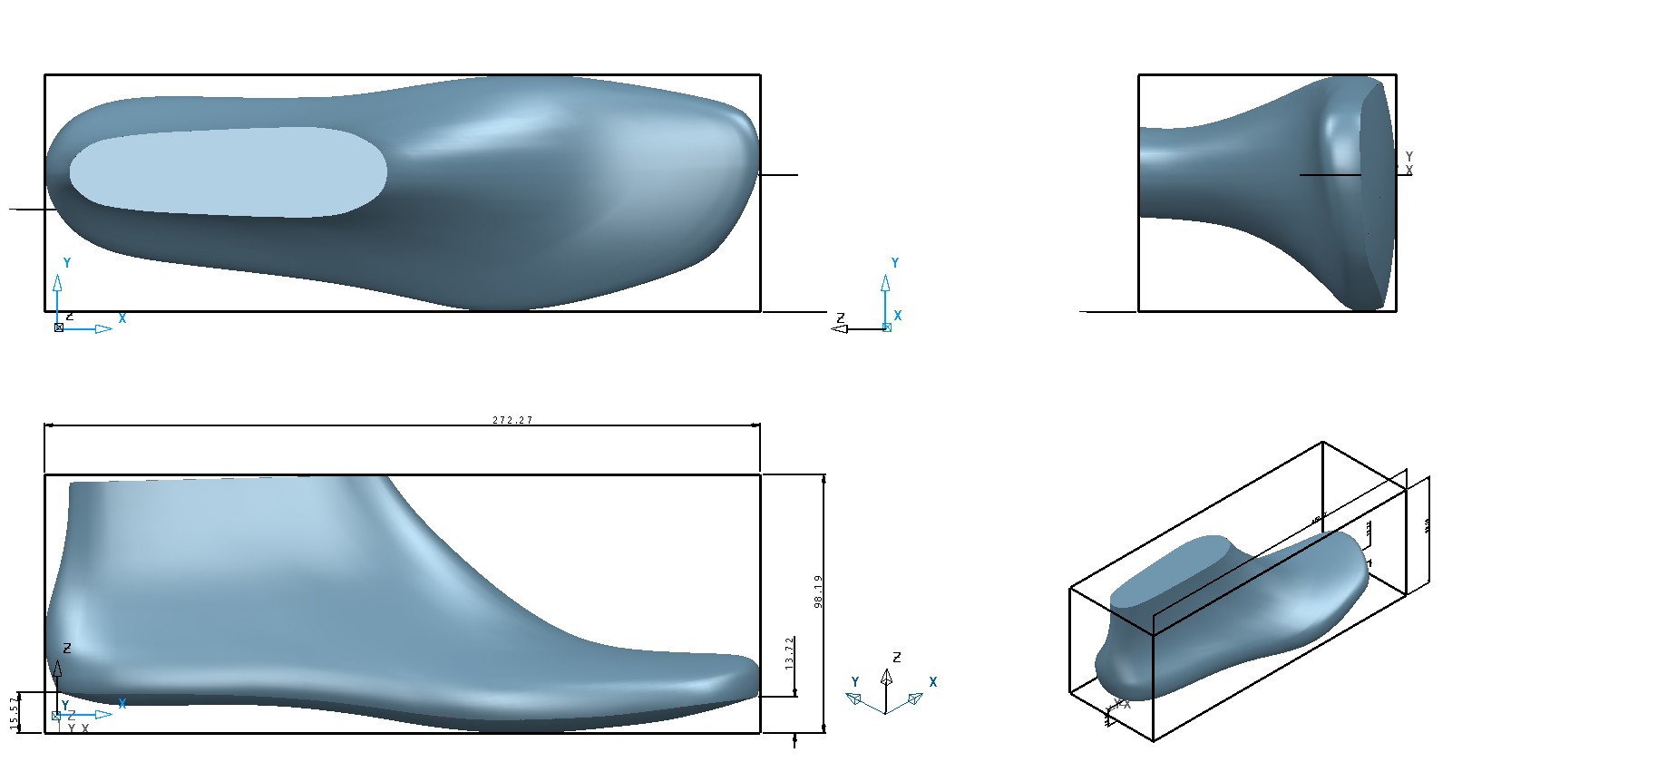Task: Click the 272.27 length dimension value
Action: (x=512, y=420)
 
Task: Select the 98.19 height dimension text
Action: (x=818, y=591)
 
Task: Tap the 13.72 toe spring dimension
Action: (x=789, y=652)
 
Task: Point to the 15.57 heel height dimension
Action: (x=14, y=712)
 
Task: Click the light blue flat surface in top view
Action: (x=227, y=172)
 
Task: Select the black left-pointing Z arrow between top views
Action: (x=839, y=328)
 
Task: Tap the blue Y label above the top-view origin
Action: (x=66, y=263)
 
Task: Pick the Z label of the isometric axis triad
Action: (x=897, y=657)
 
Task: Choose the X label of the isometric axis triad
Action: (x=932, y=682)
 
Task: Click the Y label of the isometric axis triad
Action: (x=854, y=682)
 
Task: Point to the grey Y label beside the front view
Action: (x=1408, y=157)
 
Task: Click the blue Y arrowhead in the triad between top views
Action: (x=885, y=283)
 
